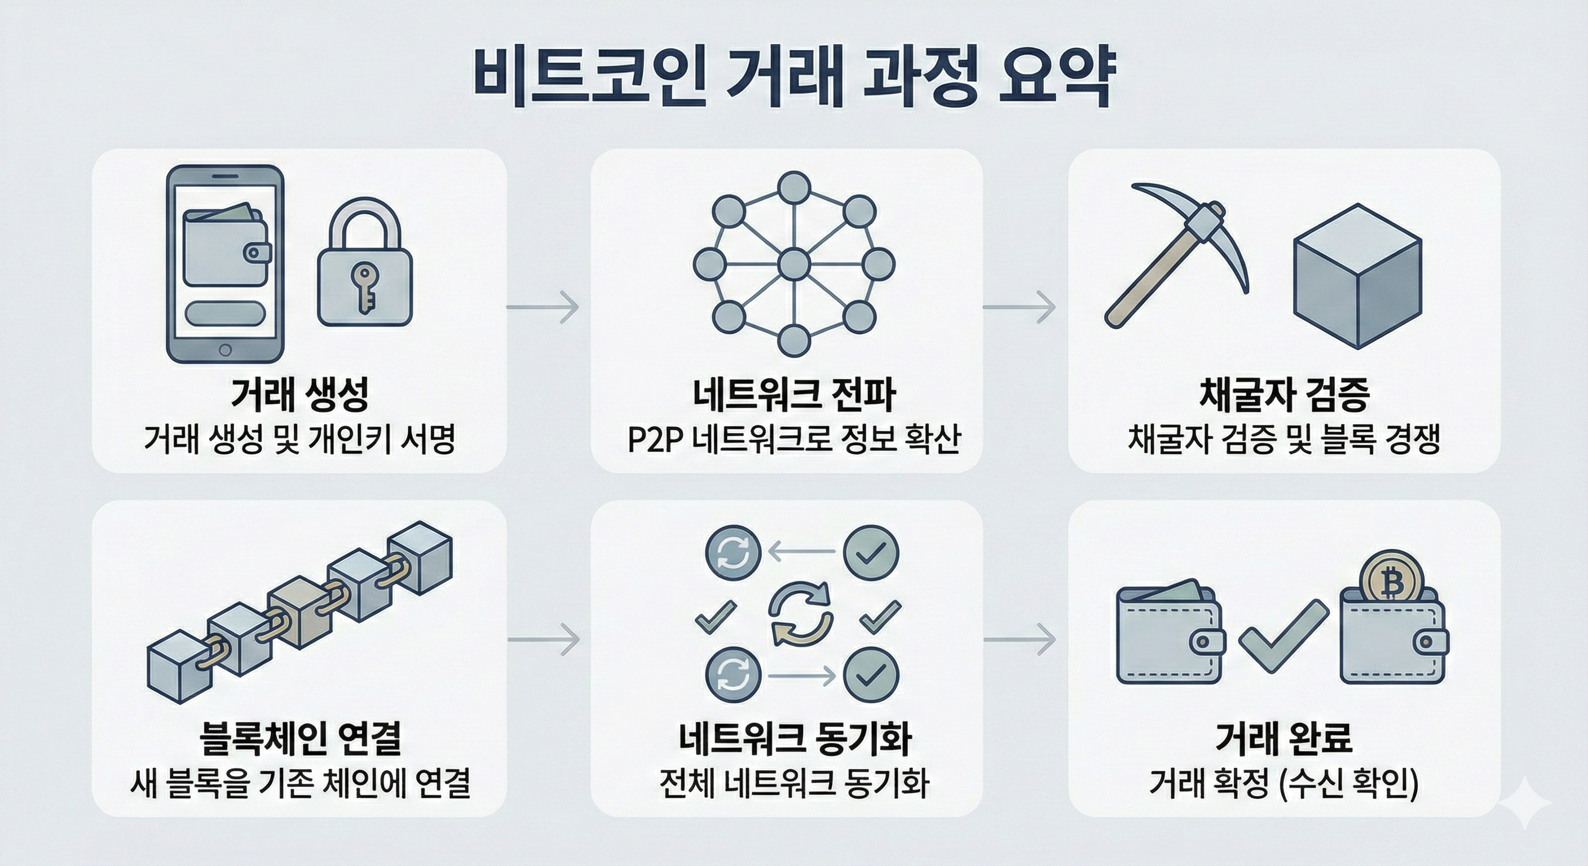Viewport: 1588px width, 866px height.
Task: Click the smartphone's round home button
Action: point(225,350)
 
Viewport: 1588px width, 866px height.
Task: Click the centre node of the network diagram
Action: point(793,265)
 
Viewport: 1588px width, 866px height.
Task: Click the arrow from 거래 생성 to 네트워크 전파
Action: point(543,306)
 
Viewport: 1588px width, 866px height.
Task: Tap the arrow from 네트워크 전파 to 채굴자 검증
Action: point(1019,306)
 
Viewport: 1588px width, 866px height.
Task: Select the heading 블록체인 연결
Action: point(300,738)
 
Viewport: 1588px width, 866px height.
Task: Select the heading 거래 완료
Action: point(1283,738)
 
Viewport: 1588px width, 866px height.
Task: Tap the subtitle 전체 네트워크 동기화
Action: point(793,784)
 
